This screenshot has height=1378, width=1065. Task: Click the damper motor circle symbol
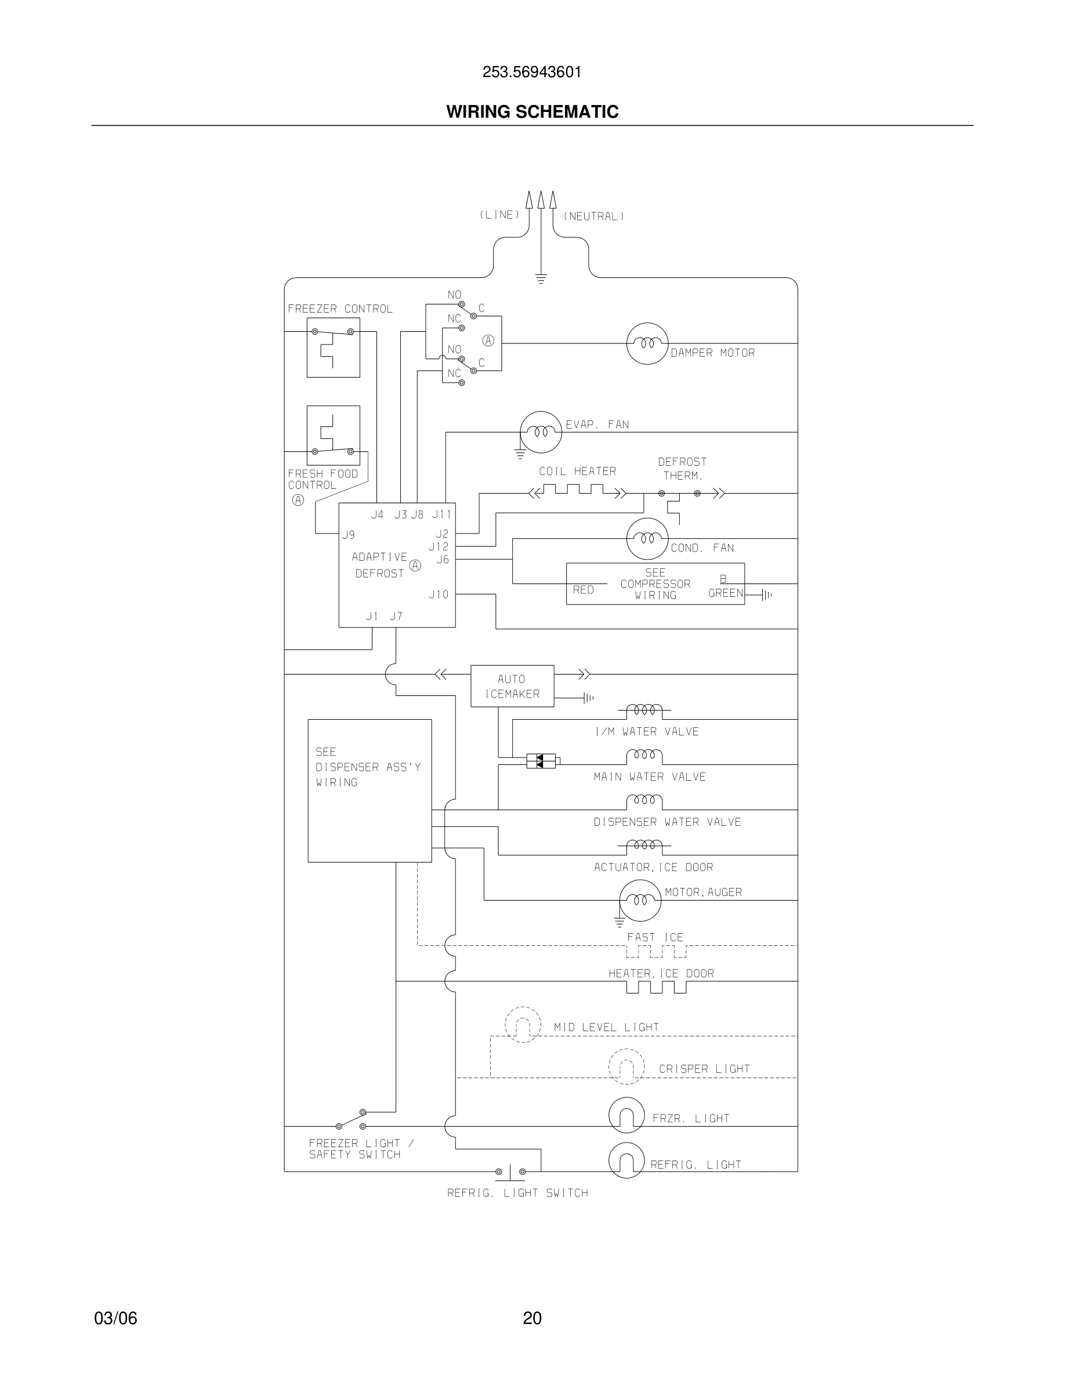[x=647, y=343]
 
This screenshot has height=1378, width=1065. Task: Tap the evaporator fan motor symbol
[x=540, y=432]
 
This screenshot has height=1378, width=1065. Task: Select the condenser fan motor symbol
[x=647, y=539]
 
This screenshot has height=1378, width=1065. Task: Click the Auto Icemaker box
[x=512, y=686]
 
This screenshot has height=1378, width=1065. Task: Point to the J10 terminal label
[x=439, y=594]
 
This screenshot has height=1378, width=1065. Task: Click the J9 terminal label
[x=348, y=535]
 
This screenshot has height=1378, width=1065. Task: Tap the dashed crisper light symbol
[x=626, y=1067]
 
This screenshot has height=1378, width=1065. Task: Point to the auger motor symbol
[x=640, y=900]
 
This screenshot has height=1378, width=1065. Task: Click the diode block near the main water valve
[x=541, y=761]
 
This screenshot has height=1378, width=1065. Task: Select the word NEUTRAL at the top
[x=594, y=216]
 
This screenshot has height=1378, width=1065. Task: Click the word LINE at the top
[x=499, y=215]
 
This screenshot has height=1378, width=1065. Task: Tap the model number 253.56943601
[x=532, y=72]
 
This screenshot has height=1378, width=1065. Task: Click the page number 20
[x=532, y=1318]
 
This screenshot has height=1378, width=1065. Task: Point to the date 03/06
[x=115, y=1318]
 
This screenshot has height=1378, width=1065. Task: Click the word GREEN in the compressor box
[x=726, y=593]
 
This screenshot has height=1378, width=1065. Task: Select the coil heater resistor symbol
[x=577, y=491]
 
